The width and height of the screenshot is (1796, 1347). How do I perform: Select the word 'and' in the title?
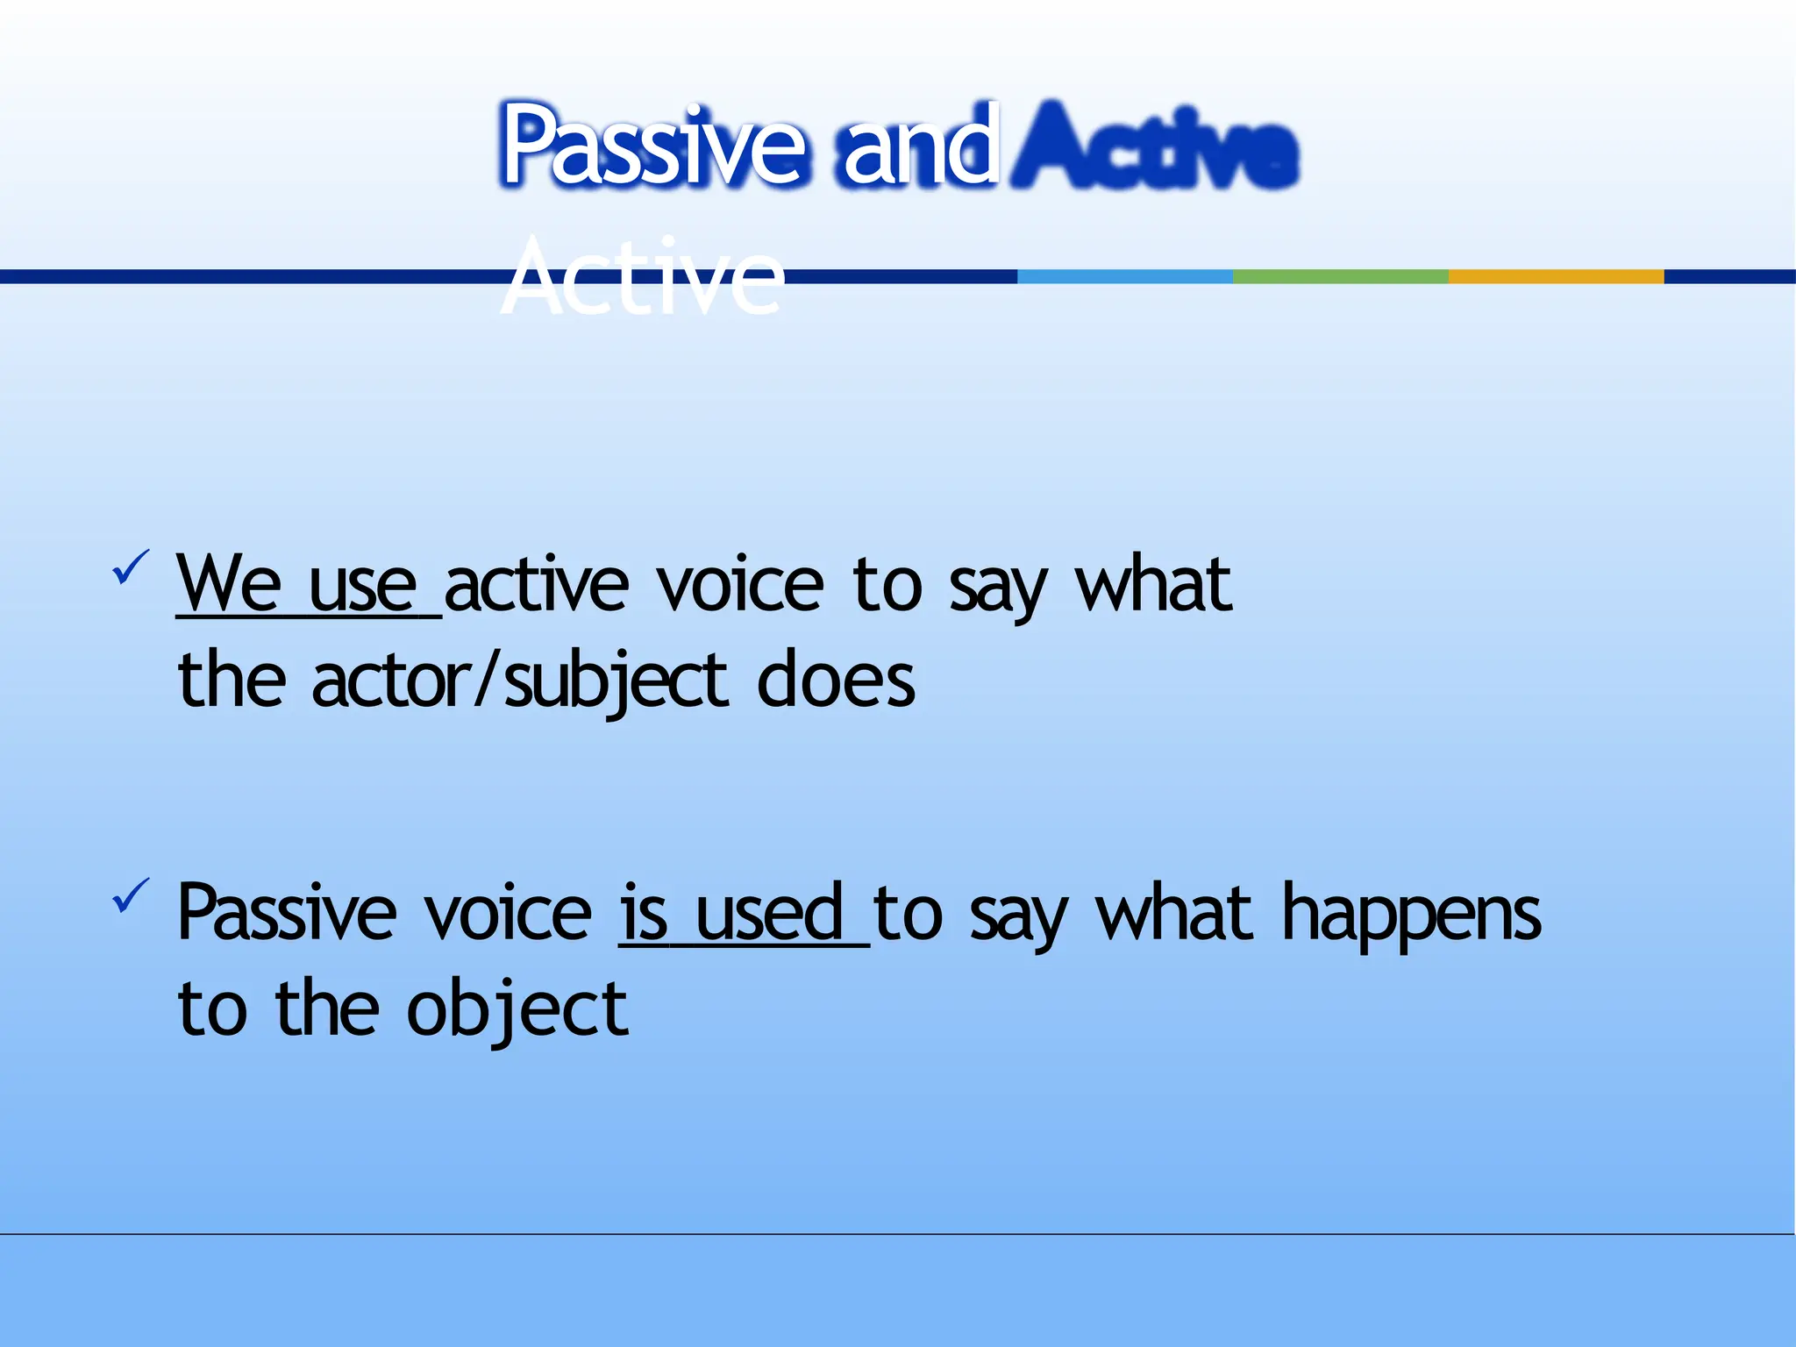click(917, 146)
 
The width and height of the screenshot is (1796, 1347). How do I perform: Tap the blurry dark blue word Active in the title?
click(1158, 146)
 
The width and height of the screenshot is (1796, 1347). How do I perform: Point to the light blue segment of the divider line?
click(1124, 276)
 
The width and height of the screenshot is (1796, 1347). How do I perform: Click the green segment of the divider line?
click(1340, 276)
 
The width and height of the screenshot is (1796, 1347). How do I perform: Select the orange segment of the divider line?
click(1556, 276)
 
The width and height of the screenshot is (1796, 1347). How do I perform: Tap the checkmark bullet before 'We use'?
click(131, 568)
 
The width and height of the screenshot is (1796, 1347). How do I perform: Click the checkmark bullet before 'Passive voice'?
click(131, 896)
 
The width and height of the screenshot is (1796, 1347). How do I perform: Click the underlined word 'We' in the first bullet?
click(228, 584)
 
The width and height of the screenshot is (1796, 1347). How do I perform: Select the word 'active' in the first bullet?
click(537, 584)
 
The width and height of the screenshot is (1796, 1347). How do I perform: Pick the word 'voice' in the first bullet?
click(741, 584)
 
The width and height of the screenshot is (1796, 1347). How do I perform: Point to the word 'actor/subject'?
click(519, 681)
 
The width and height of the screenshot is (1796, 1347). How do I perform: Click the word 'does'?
click(836, 681)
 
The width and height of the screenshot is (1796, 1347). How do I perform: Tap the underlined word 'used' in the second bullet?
click(769, 913)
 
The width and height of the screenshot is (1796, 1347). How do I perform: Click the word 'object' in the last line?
click(517, 1010)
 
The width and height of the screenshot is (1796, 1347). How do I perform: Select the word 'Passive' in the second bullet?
click(287, 913)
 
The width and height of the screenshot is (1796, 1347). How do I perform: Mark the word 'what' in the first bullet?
click(1153, 584)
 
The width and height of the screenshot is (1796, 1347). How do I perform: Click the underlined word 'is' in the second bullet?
click(644, 913)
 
